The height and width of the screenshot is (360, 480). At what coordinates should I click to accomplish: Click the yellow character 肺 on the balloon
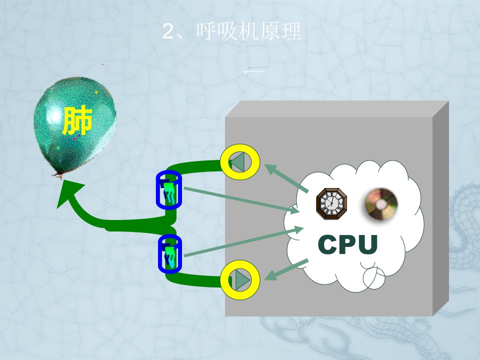click(77, 121)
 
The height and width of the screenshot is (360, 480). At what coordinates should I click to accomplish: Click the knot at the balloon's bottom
click(58, 175)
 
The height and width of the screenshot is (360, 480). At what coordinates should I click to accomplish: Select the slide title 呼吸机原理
click(249, 31)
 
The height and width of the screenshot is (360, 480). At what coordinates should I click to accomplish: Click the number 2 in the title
click(168, 31)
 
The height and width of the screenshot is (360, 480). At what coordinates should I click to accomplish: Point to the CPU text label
click(348, 244)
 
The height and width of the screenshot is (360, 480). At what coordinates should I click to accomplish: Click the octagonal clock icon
click(331, 204)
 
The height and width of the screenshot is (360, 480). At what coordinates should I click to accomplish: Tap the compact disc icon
click(381, 204)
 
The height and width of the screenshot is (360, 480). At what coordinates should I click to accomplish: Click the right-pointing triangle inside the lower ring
click(243, 280)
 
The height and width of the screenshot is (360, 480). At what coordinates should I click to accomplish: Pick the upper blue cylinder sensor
click(169, 190)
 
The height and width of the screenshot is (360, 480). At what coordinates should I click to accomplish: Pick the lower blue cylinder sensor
click(170, 254)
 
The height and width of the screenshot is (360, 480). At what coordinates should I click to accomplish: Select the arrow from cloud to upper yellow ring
click(286, 178)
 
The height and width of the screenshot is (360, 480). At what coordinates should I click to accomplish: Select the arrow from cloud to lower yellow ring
click(286, 269)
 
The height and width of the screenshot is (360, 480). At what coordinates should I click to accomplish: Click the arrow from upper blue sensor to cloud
click(242, 200)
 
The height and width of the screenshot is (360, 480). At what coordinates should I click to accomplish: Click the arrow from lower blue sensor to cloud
click(244, 241)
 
